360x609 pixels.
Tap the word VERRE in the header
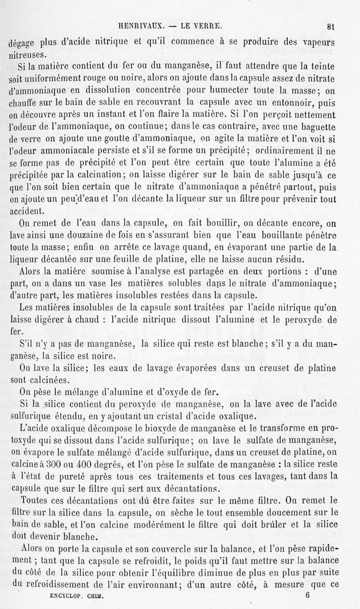point(208,25)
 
